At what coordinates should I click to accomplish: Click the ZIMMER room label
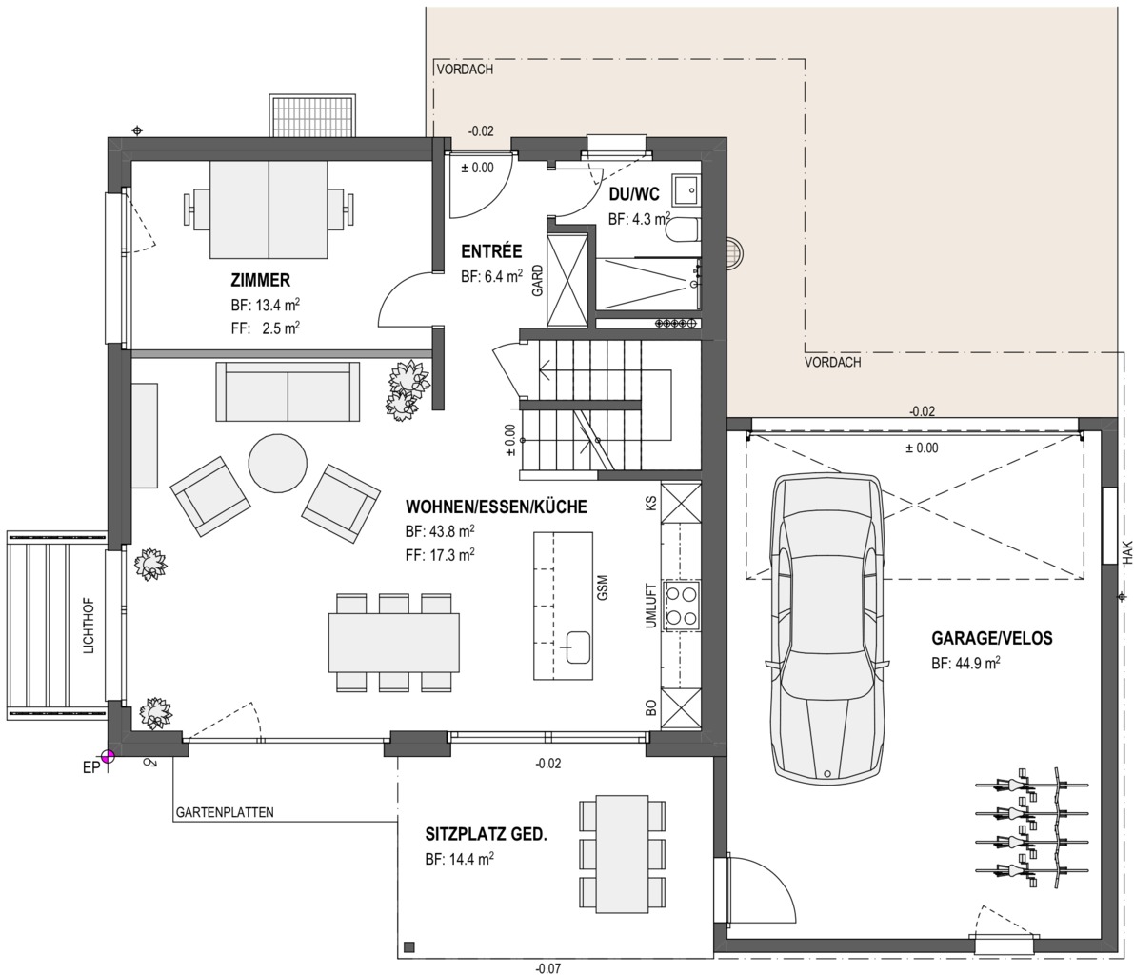coord(260,280)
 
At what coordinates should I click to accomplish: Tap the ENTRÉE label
coord(492,251)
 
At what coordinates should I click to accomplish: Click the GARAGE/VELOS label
coord(991,639)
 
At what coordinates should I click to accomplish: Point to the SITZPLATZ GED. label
coord(486,835)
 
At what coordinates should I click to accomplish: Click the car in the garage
coord(828,627)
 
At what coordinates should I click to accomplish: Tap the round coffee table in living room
coord(278,463)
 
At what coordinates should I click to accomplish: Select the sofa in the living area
coord(288,391)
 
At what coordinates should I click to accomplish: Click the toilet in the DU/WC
coord(682,230)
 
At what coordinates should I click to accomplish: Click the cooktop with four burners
coord(682,605)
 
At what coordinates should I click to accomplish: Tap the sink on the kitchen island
coord(578,647)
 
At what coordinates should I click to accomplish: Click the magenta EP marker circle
coord(108,757)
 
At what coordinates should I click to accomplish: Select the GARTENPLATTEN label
coord(225,812)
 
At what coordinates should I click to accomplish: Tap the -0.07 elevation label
coord(548,968)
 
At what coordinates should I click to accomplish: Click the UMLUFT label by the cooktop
coord(651,606)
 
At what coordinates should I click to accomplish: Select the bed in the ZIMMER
coord(268,209)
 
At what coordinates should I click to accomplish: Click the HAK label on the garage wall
coord(1126,552)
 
